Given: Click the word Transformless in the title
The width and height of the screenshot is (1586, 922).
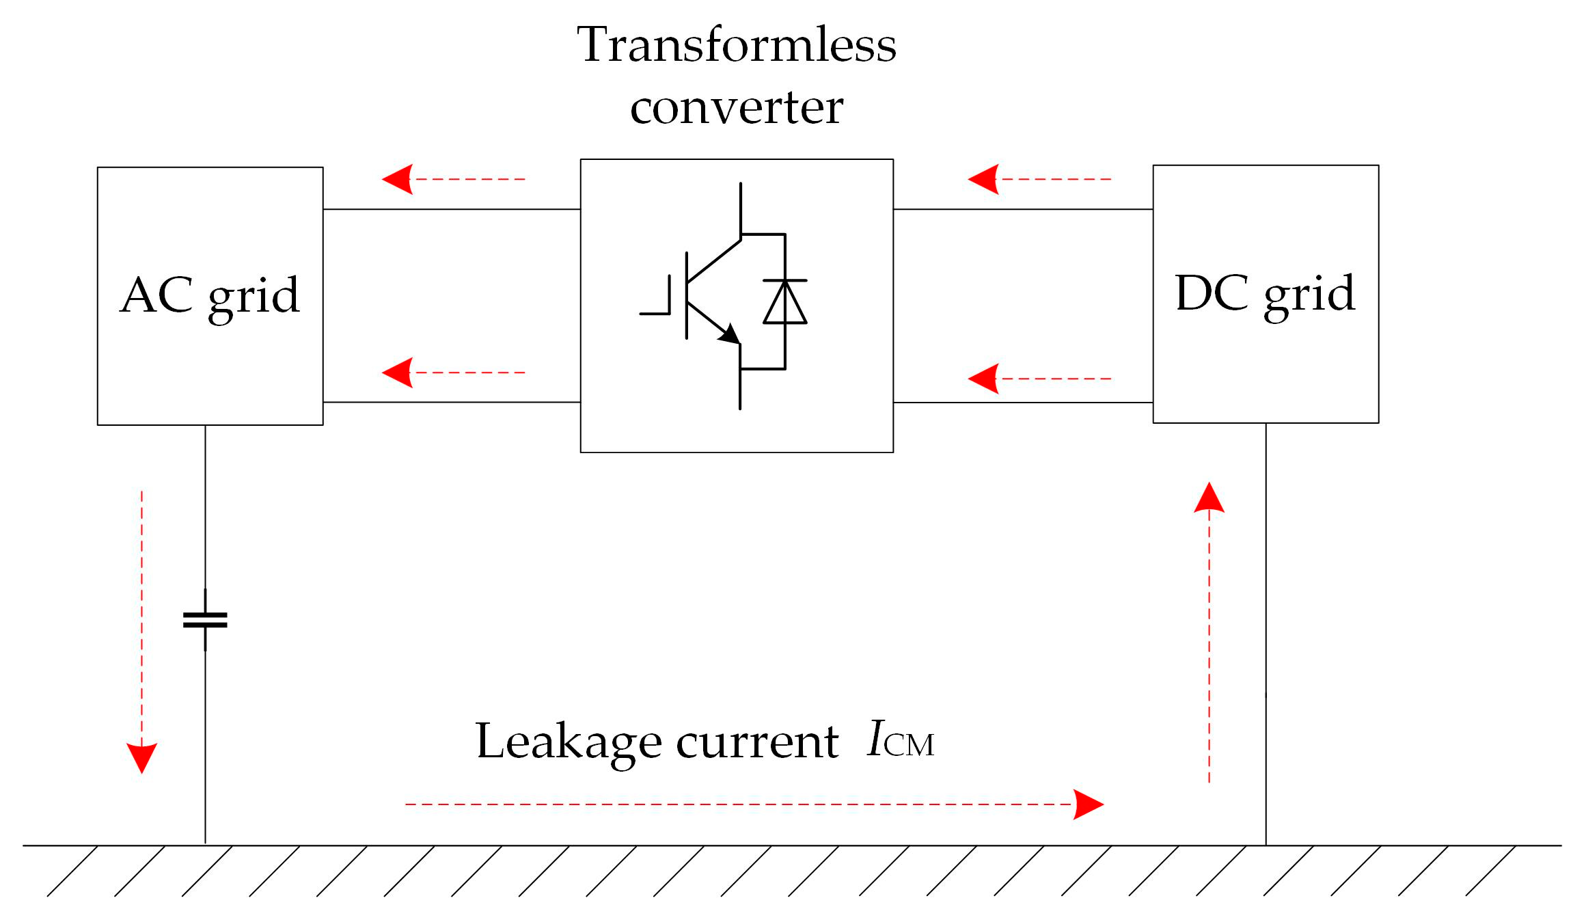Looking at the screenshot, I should click(736, 45).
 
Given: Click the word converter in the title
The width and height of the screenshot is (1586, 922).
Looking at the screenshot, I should click(736, 107).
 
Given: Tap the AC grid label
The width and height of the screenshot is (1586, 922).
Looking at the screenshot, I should click(210, 295).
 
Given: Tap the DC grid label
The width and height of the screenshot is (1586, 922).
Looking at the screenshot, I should click(1265, 293).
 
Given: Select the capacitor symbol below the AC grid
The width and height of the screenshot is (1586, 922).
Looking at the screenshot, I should click(205, 620).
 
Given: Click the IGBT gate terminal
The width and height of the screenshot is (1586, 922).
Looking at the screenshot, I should click(655, 312).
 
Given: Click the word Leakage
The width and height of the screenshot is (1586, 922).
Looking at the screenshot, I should click(568, 741).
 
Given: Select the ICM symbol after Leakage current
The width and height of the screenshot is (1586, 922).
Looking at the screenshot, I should click(900, 741).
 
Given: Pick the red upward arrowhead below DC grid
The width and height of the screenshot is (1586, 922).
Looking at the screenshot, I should click(1209, 498).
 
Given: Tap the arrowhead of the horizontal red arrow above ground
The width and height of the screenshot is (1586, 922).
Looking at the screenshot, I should click(1088, 804).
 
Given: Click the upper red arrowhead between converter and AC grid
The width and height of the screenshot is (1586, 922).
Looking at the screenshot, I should click(397, 179).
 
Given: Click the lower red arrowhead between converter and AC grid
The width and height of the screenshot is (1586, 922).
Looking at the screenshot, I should click(397, 372).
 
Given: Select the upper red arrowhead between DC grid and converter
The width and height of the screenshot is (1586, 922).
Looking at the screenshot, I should click(983, 179).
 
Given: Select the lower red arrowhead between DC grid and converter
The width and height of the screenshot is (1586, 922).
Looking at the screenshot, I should click(983, 379).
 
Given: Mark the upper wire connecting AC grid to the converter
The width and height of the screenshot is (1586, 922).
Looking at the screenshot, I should click(451, 209).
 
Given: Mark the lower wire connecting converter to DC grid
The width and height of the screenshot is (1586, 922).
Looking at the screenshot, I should click(1022, 403).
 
